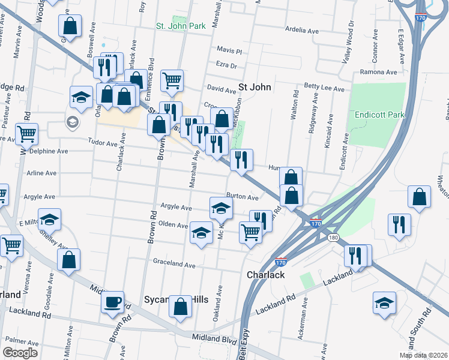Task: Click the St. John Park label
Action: [x=181, y=26]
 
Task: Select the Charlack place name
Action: [x=265, y=276]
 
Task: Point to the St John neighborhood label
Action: [x=255, y=87]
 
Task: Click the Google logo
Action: [x=20, y=353]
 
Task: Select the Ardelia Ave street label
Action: [x=302, y=30]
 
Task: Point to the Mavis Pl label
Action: [x=229, y=51]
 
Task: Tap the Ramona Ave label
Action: [x=378, y=72]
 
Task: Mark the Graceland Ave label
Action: [x=174, y=264]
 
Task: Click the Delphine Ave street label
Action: [x=49, y=152]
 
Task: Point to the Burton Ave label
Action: [x=243, y=197]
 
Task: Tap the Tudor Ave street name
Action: [x=103, y=143]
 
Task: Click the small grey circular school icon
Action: [x=72, y=122]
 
